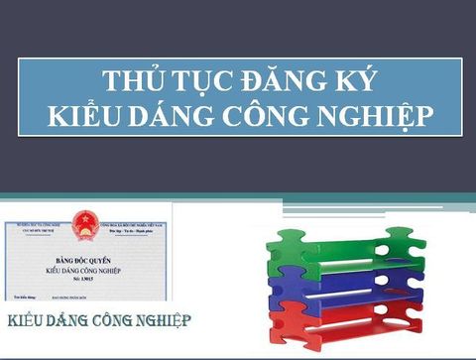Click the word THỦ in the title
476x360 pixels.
click(x=131, y=81)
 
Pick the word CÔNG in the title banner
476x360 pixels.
click(x=263, y=116)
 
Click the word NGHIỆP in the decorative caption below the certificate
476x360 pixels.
click(x=160, y=321)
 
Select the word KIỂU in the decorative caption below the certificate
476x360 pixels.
click(x=29, y=321)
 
